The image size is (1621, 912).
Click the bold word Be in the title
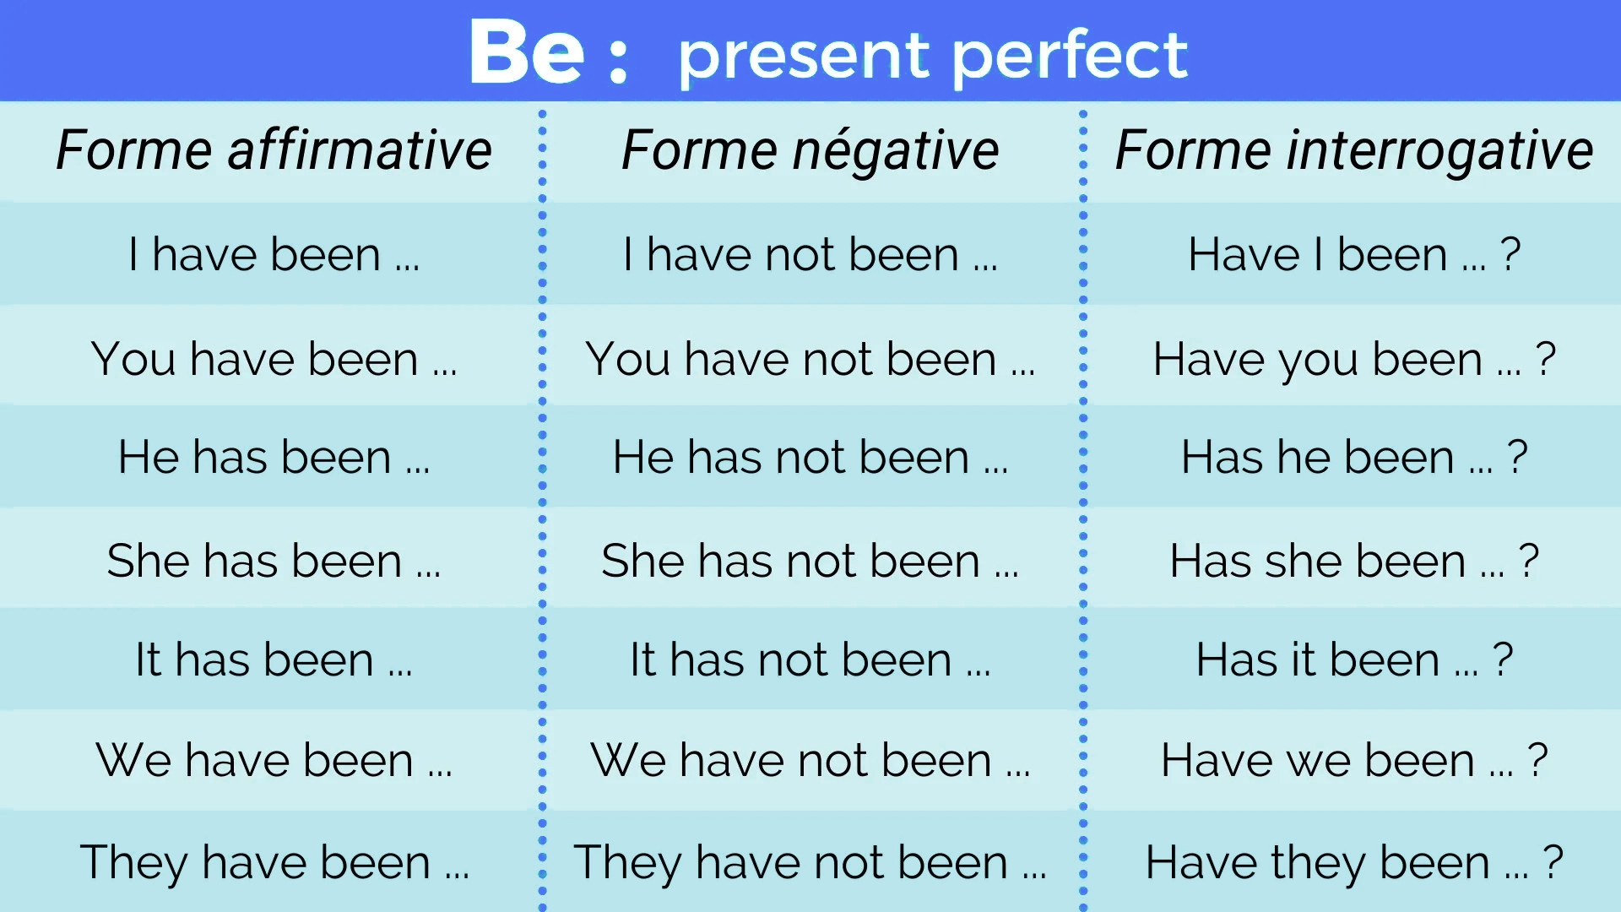[526, 53]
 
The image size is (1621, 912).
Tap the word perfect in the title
[1070, 56]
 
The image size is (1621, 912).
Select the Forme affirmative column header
[274, 150]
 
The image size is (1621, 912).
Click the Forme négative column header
[810, 150]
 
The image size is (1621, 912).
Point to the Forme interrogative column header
[1354, 150]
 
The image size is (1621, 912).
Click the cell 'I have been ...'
[274, 254]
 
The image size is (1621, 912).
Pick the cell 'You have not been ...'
[810, 359]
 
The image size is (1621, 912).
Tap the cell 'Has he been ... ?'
[1354, 457]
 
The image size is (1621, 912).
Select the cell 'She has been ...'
[274, 561]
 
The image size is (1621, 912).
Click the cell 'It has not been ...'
[810, 660]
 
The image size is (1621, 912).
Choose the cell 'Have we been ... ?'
[1354, 760]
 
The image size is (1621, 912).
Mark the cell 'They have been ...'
[274, 862]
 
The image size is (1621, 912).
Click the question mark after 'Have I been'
[1510, 254]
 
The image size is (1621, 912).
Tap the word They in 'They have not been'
[627, 862]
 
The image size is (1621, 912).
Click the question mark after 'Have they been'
[1553, 862]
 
